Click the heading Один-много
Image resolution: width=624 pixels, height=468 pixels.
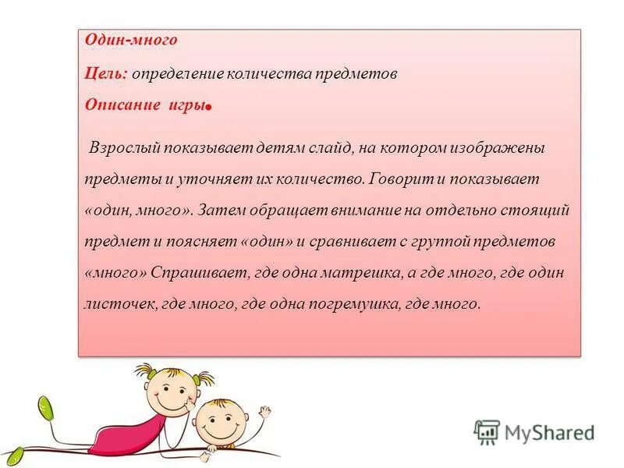[131, 39]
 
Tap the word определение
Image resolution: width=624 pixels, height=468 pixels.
[178, 74]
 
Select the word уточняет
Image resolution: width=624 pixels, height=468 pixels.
[209, 179]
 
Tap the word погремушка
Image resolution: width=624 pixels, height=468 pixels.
[353, 304]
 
